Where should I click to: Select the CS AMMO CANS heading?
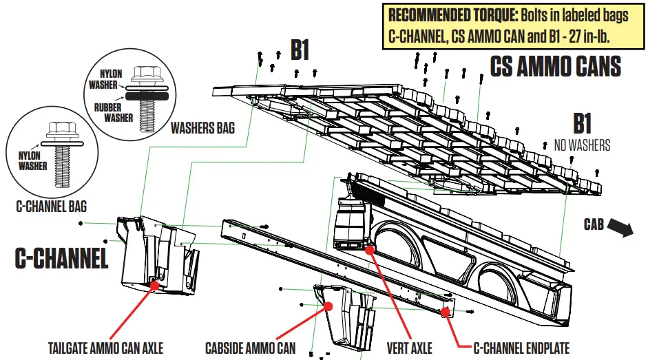555,67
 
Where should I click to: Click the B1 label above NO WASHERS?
582,124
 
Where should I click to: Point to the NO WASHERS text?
582,145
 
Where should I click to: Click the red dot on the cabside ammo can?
328,306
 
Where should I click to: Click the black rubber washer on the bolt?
147,96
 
